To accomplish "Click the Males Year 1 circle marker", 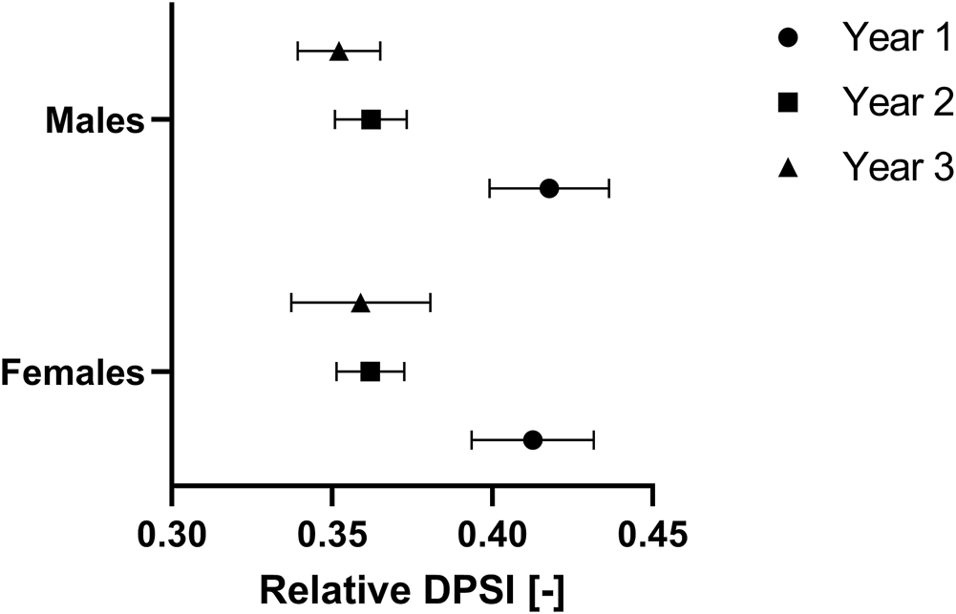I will pyautogui.click(x=549, y=188).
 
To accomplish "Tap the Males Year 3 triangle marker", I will pyautogui.click(x=339, y=52).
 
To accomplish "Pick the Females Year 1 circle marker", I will pyautogui.click(x=533, y=439).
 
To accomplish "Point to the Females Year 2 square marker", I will pyautogui.click(x=371, y=371).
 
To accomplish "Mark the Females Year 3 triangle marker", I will pyautogui.click(x=360, y=304).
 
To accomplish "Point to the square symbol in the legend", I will pyautogui.click(x=789, y=103).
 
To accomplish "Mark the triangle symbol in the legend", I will pyautogui.click(x=789, y=168).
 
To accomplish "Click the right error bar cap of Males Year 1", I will pyautogui.click(x=608, y=188).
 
